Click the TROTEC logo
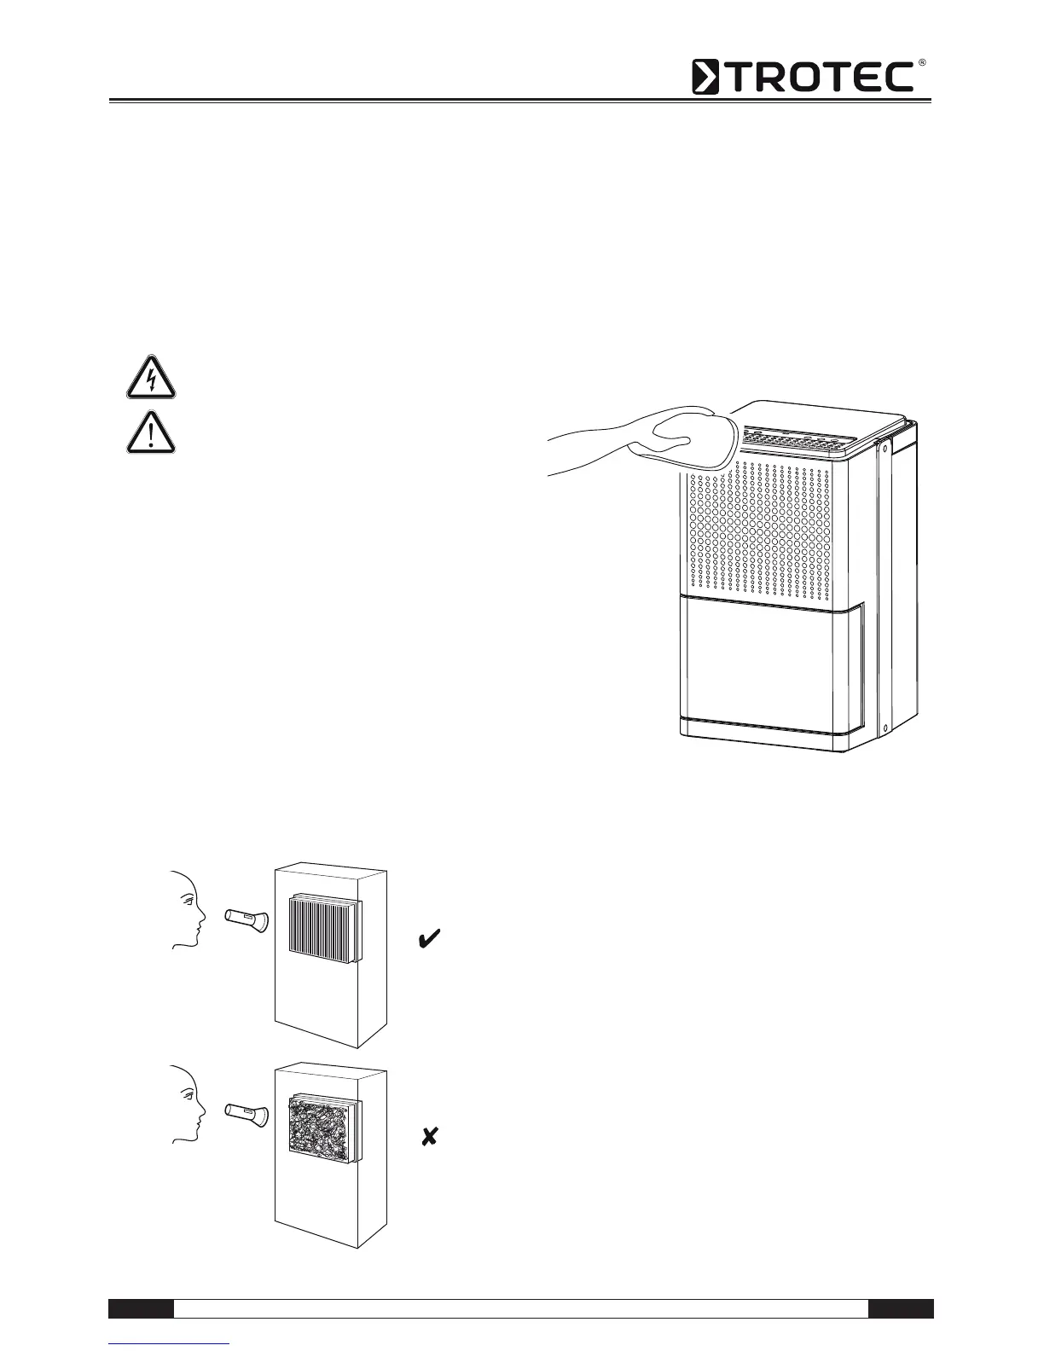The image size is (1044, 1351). [x=802, y=77]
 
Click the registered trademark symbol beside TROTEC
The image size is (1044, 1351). [x=921, y=64]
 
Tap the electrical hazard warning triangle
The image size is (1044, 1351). [x=151, y=378]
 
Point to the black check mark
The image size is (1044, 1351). [x=429, y=940]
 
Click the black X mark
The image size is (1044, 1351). [x=430, y=1136]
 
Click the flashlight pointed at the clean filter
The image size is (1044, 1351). [x=247, y=920]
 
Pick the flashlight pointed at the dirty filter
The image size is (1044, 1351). [x=247, y=1113]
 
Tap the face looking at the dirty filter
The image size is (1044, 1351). [x=188, y=1105]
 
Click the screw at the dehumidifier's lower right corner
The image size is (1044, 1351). [x=885, y=728]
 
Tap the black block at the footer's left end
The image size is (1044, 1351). [x=142, y=1308]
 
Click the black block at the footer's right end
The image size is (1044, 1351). [x=901, y=1308]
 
